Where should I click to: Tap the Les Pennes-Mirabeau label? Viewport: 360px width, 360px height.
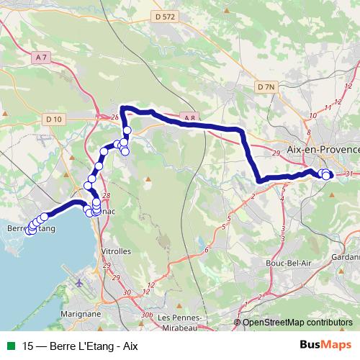(179, 322)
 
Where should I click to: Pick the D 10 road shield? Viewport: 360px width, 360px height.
(53, 119)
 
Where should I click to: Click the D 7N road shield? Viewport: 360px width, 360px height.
(266, 86)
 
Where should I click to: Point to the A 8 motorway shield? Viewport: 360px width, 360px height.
(189, 117)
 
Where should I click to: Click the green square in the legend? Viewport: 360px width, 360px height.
(9, 346)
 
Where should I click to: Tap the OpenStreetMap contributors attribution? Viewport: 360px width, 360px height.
(297, 323)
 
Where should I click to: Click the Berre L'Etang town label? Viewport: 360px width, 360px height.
(30, 228)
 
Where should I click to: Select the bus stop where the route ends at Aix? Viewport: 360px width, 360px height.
(326, 175)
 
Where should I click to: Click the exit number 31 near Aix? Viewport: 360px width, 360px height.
(349, 174)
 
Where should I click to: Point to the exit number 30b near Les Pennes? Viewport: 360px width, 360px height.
(147, 315)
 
